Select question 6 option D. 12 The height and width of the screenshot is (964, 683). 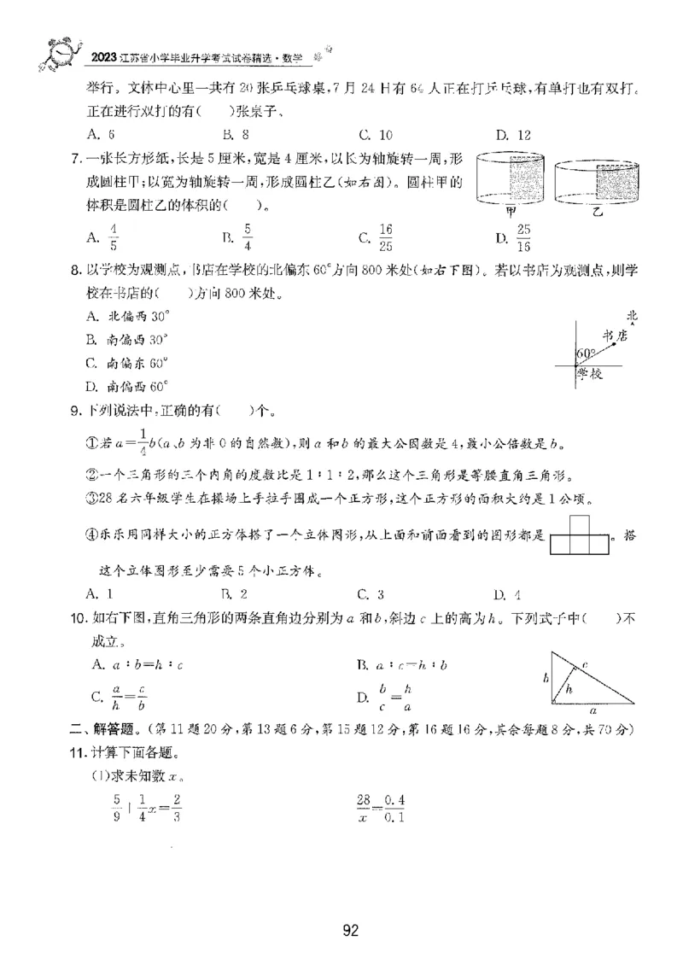(x=513, y=134)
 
